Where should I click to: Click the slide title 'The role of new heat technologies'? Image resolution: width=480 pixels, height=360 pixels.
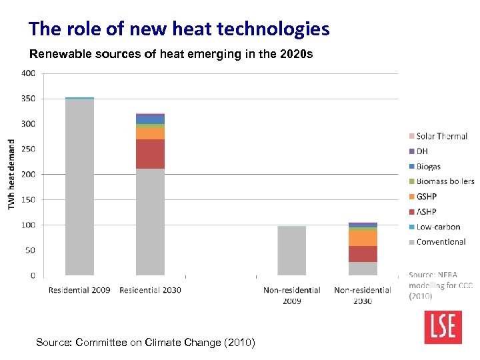(x=179, y=29)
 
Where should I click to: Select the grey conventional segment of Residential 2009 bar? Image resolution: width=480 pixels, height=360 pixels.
(x=79, y=187)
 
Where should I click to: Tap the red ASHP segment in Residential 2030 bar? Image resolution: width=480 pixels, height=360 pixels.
(x=150, y=154)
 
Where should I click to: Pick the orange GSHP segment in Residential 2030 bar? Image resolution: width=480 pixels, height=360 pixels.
(x=150, y=133)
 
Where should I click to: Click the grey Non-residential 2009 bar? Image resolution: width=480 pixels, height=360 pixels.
(x=291, y=251)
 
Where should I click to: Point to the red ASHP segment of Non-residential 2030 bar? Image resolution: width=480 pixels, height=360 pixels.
(x=363, y=254)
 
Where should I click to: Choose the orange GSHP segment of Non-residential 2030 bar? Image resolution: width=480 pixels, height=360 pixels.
(x=363, y=238)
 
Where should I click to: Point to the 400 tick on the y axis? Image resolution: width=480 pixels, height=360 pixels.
(x=28, y=73)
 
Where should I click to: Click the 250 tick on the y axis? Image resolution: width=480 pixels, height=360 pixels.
(x=28, y=149)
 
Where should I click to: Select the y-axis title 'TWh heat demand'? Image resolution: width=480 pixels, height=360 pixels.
(x=11, y=174)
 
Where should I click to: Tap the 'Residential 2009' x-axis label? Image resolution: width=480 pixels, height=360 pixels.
(x=79, y=290)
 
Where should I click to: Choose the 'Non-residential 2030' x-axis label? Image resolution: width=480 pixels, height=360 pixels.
(x=363, y=295)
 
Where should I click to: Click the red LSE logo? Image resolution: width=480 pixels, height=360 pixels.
(x=443, y=325)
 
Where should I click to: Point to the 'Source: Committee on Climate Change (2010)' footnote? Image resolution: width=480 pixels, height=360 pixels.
(x=145, y=343)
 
